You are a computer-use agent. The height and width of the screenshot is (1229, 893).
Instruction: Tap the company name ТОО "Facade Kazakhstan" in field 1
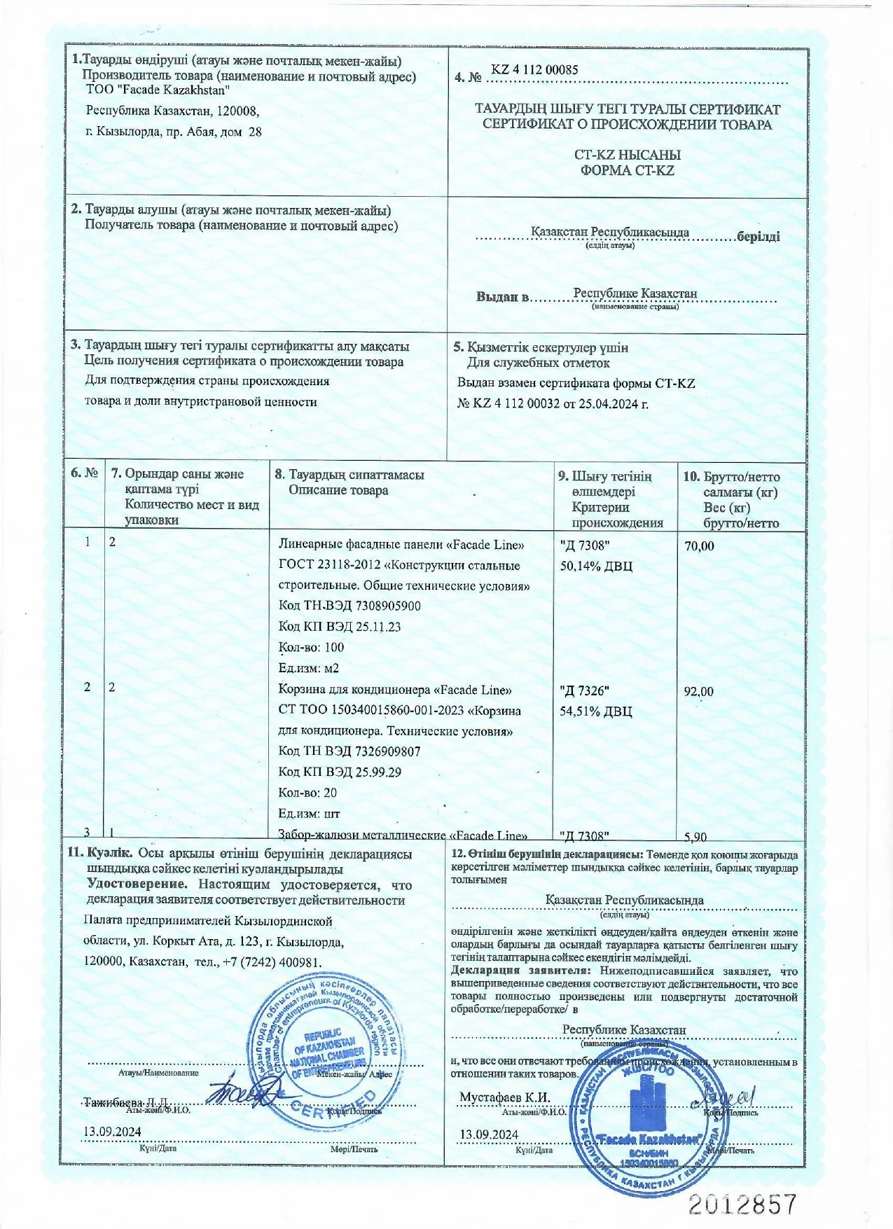tap(158, 90)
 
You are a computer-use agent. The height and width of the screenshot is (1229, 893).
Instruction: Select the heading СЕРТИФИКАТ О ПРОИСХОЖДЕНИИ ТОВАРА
tap(627, 125)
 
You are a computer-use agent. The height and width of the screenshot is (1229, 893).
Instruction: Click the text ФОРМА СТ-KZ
tap(627, 170)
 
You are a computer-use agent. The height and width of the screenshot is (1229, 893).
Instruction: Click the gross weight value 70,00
tap(699, 546)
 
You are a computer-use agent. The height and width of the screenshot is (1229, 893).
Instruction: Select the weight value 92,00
tap(698, 692)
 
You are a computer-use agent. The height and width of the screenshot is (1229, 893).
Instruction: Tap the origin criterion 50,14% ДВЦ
tap(596, 566)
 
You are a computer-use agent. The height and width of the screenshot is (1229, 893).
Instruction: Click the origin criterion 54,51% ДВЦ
tap(596, 711)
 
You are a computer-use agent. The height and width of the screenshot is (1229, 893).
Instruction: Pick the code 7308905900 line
tap(349, 606)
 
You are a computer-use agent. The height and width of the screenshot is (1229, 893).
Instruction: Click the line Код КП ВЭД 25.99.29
tap(340, 772)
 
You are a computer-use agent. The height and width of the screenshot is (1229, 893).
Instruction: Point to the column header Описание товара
tap(338, 490)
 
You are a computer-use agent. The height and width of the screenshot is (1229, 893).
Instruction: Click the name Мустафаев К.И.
tap(504, 1097)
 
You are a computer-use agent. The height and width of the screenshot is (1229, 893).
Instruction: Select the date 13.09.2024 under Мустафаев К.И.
tap(488, 1134)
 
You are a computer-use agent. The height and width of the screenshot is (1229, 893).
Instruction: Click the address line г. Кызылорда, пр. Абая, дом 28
tap(174, 131)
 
